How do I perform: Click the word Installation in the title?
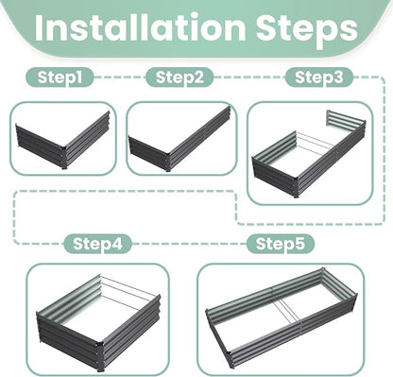coord(140,27)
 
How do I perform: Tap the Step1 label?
coord(60,77)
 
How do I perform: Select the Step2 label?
coord(179,77)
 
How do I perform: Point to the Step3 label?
coord(319,77)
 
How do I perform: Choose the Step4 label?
coord(97,244)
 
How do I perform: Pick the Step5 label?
coord(281,244)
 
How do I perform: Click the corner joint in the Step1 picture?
coord(64,158)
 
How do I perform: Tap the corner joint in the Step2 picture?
coord(168,162)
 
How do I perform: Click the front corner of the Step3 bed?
coord(296,187)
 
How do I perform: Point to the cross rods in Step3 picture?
coord(315,145)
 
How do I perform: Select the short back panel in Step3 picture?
coord(346,120)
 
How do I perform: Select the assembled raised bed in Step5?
coord(282,317)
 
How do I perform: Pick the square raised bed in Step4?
coord(99,322)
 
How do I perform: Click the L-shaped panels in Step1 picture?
coord(63,140)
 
